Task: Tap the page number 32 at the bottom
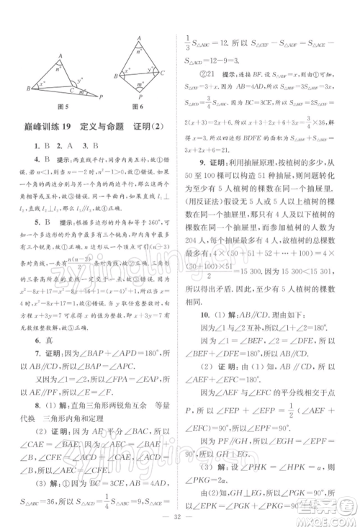point(180,517)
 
